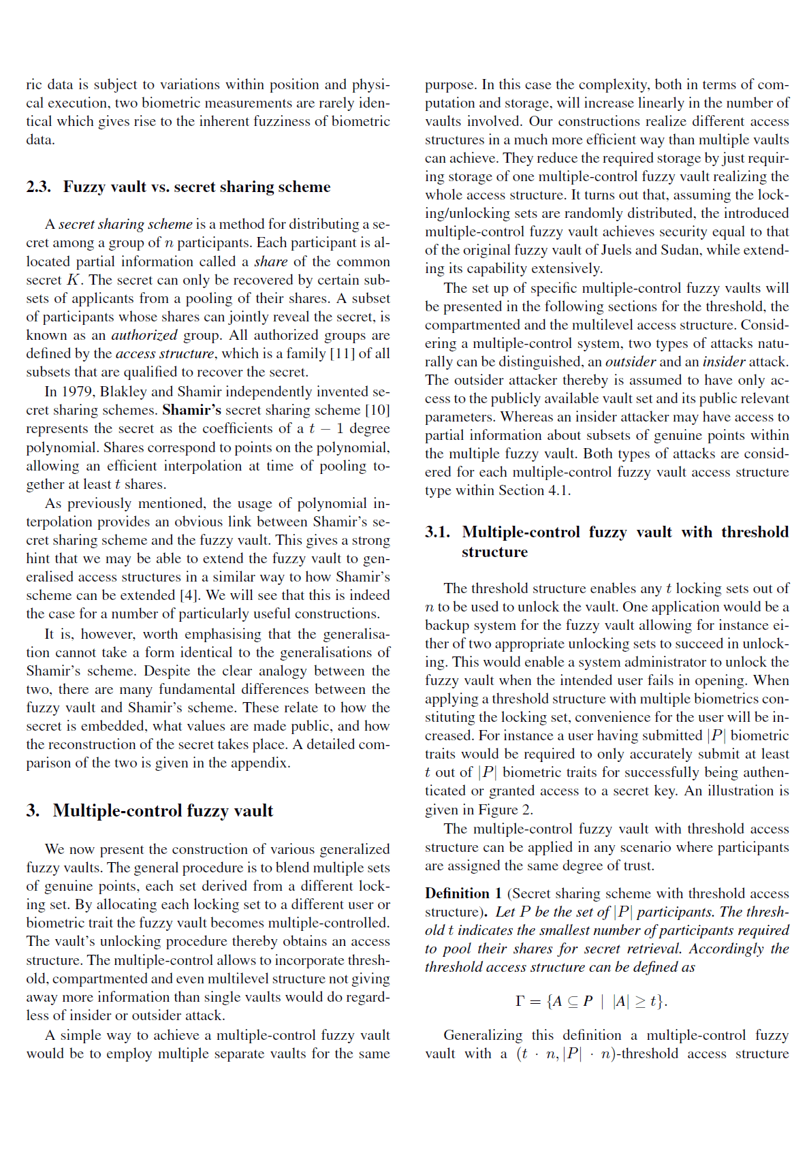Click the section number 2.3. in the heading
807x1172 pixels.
(x=38, y=187)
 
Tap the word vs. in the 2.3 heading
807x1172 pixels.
(x=161, y=187)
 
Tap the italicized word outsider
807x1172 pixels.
(x=631, y=362)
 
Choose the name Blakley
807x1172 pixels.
(x=123, y=392)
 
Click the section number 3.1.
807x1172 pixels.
(x=437, y=533)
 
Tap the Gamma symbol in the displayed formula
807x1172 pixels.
(x=520, y=1001)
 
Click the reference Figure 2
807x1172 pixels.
(x=505, y=810)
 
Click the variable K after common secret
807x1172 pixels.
(x=73, y=280)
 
